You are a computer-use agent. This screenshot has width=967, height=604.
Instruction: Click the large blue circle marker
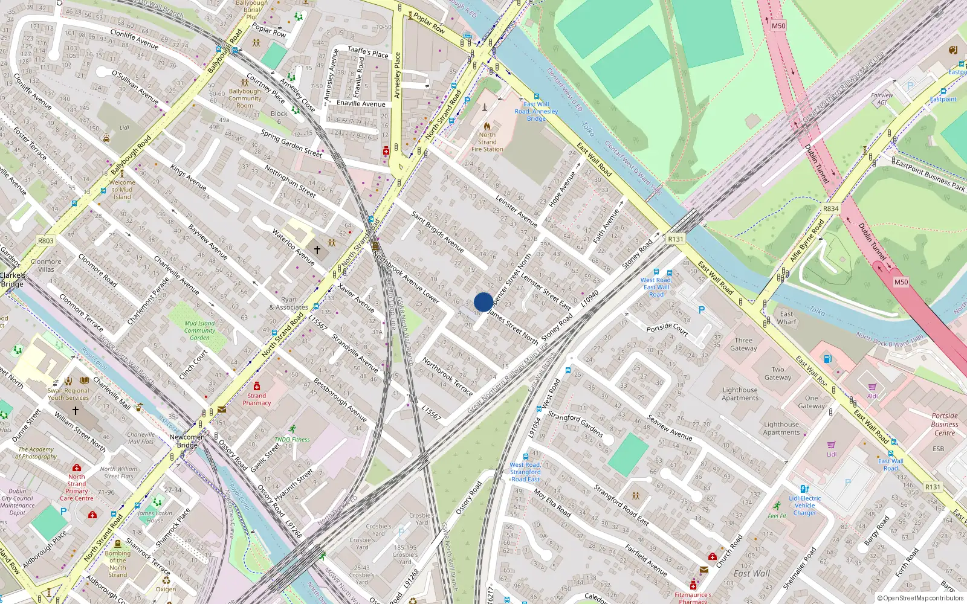tap(483, 302)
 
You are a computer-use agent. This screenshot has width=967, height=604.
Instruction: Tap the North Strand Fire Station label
tap(487, 142)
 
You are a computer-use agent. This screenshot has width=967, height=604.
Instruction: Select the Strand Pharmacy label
tap(257, 399)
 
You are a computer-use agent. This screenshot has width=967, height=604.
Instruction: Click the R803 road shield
tap(46, 240)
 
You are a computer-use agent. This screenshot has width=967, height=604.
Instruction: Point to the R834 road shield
tap(830, 208)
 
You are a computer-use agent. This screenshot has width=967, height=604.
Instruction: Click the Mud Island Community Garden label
tap(199, 330)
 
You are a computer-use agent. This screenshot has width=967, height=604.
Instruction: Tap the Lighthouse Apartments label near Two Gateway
tap(740, 394)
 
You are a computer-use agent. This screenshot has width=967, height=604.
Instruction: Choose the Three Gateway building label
tap(743, 344)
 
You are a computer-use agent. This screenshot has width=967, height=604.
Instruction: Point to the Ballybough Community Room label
tap(245, 98)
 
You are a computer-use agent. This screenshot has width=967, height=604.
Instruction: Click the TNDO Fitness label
tap(292, 439)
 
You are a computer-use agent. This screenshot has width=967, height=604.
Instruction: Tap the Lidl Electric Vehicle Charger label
tap(804, 506)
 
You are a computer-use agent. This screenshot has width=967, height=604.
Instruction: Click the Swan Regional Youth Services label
tap(68, 394)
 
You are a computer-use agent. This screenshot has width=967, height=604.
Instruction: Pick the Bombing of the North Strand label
tap(118, 564)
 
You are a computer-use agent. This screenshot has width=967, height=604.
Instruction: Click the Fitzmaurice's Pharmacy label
tap(693, 597)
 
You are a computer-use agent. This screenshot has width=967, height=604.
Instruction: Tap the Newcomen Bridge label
tap(187, 441)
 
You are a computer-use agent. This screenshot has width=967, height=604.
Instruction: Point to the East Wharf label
tap(786, 318)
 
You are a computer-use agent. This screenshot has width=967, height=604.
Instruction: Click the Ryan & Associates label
tap(289, 303)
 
